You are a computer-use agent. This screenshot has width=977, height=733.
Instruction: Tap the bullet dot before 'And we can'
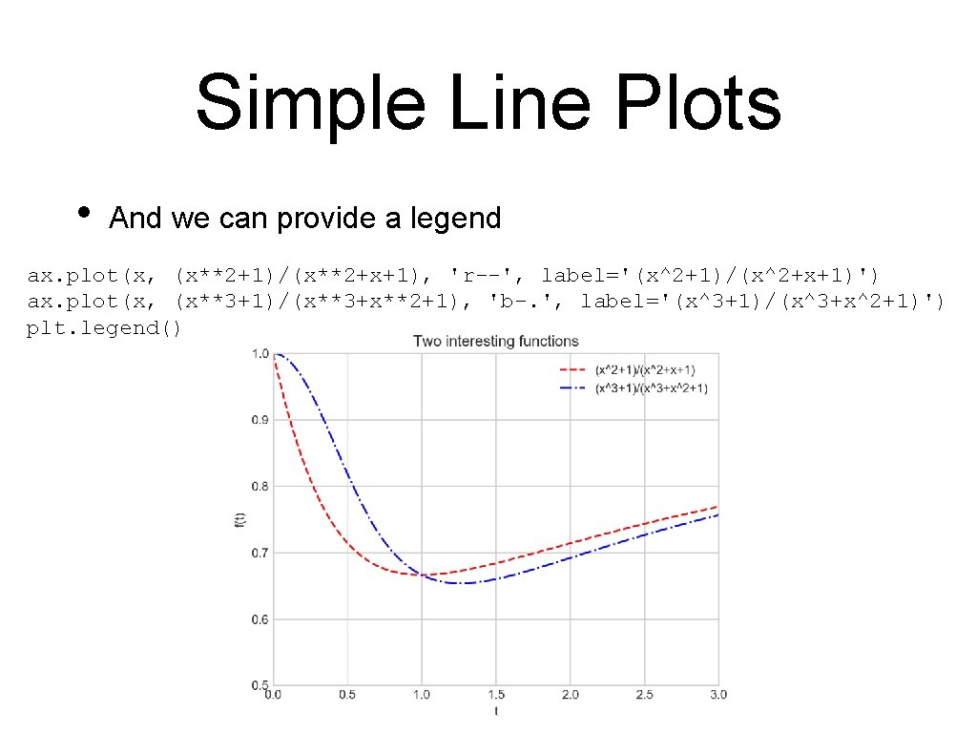[84, 212]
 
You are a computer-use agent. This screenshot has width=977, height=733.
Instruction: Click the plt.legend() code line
[104, 328]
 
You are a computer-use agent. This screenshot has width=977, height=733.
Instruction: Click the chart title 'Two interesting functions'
[495, 341]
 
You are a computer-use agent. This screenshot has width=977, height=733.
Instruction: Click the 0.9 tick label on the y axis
[259, 420]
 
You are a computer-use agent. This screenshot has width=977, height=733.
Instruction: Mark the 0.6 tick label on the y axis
[259, 620]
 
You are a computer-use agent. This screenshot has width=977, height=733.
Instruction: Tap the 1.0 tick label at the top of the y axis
[259, 354]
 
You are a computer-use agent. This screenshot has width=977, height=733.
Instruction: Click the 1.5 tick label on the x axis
[496, 694]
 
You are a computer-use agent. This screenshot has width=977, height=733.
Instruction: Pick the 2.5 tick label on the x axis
[645, 694]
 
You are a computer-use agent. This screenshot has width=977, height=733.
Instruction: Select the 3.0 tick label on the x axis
[718, 694]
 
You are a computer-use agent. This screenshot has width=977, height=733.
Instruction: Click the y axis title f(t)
[239, 520]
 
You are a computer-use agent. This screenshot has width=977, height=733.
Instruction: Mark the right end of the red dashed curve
[717, 507]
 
